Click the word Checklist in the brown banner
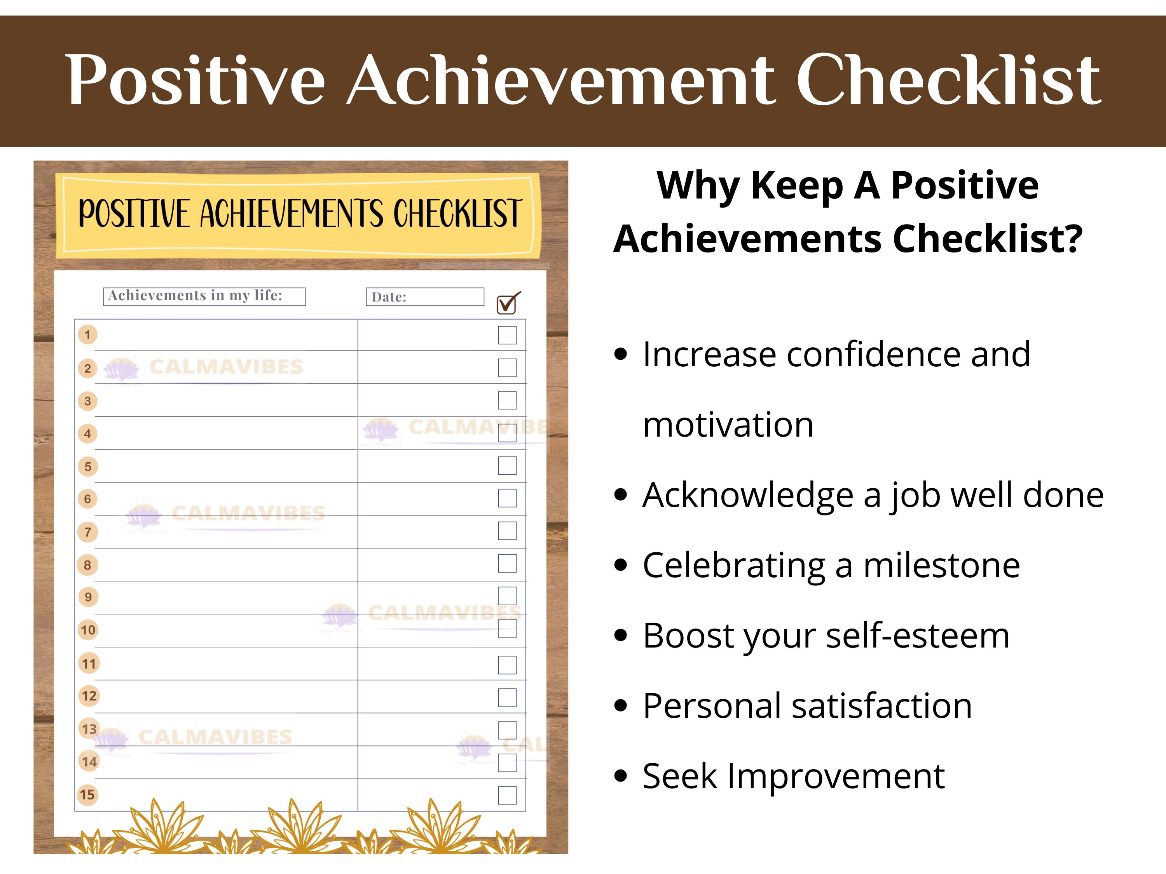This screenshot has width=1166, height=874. click(x=948, y=80)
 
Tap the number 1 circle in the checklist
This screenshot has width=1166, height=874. click(x=87, y=334)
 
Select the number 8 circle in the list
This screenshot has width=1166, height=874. click(x=87, y=565)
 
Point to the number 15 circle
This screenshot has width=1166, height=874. click(x=87, y=794)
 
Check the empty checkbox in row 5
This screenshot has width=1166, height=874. click(x=507, y=466)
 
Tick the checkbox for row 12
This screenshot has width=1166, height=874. click(x=507, y=697)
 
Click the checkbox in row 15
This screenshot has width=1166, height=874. click(x=507, y=795)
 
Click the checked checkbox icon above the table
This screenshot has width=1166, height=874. click(x=508, y=303)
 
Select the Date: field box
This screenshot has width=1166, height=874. click(x=425, y=297)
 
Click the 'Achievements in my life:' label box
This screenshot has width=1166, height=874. click(x=204, y=296)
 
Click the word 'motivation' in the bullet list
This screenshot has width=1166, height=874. click(x=728, y=425)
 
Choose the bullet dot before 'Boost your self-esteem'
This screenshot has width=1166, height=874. click(x=621, y=635)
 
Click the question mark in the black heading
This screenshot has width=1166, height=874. click(x=1073, y=239)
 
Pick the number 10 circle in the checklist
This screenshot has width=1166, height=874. click(x=88, y=630)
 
